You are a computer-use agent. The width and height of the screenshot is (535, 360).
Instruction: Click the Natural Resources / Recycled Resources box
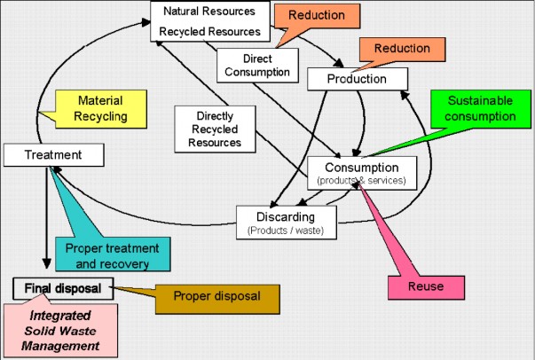(209, 21)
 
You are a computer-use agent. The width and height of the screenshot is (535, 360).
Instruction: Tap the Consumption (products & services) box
(360, 172)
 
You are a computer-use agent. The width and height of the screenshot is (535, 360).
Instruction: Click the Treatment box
(53, 155)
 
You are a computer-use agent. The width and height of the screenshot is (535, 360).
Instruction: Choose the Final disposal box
(64, 287)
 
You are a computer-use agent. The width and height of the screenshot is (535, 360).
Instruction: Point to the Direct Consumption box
(248, 65)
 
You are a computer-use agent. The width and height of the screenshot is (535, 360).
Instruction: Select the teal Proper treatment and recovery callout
(113, 254)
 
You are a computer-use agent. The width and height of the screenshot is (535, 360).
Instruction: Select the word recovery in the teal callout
(134, 262)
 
